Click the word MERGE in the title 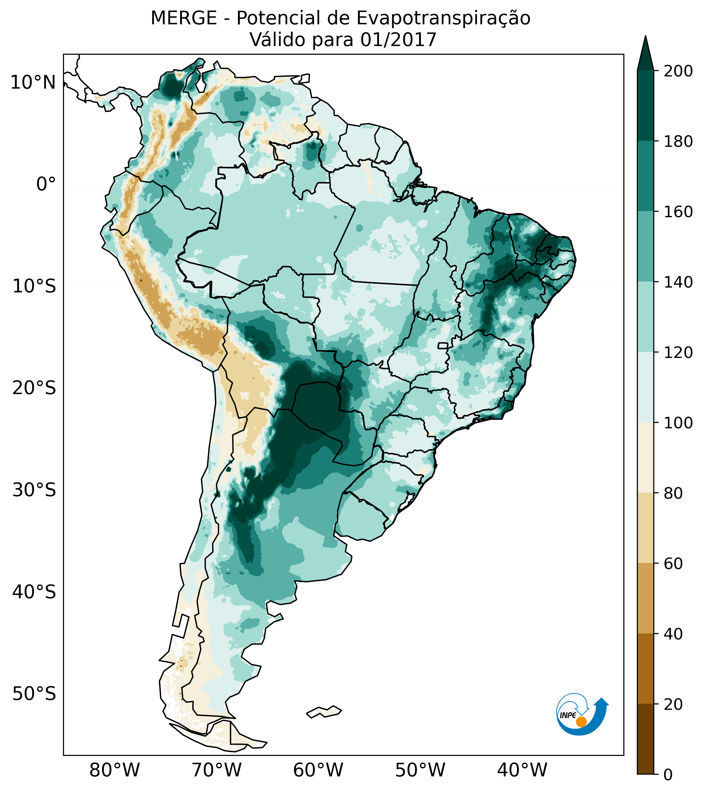pyautogui.click(x=184, y=18)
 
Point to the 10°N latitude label pyautogui.click(x=33, y=83)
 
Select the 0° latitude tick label pyautogui.click(x=46, y=184)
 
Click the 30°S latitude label pyautogui.click(x=34, y=490)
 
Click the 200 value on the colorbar pyautogui.click(x=678, y=71)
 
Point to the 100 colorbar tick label pyautogui.click(x=678, y=423)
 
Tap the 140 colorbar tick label pyautogui.click(x=678, y=282)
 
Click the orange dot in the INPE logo pyautogui.click(x=581, y=722)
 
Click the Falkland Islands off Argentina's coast pyautogui.click(x=324, y=711)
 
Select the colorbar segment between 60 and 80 pyautogui.click(x=645, y=527)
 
